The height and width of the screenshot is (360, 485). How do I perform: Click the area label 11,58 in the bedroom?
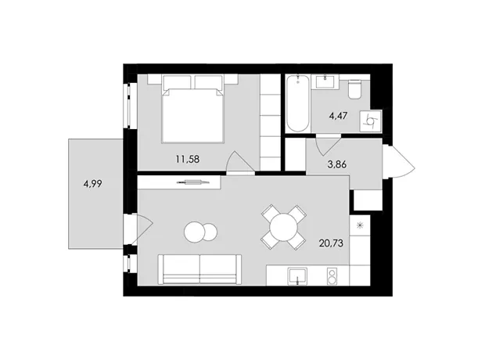(x=188, y=160)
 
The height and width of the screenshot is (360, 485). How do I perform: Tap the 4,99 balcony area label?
(x=92, y=184)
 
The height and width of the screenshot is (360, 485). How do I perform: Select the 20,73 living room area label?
(x=331, y=243)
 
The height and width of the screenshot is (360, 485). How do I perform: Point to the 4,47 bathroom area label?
(x=338, y=116)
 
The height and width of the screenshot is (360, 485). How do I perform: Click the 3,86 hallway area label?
(x=337, y=164)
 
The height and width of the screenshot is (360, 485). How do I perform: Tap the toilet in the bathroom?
(x=354, y=89)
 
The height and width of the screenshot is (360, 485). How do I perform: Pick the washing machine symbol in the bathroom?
(x=371, y=121)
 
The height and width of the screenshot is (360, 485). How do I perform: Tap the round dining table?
(x=283, y=228)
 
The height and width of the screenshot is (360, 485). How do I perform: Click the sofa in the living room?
(x=199, y=269)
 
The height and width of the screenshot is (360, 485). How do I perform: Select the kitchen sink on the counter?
(x=298, y=275)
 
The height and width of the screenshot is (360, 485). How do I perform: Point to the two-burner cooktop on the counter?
(x=332, y=276)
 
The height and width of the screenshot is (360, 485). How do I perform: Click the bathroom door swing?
(x=328, y=146)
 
